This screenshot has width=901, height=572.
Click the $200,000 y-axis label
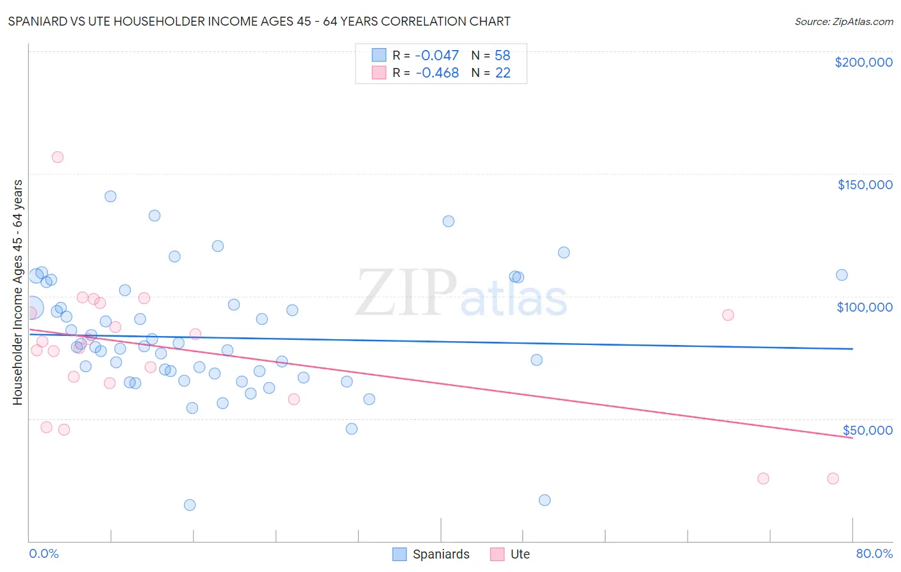coord(863,62)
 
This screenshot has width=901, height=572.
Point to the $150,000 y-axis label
coord(864,185)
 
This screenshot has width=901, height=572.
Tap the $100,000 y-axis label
coord(864,307)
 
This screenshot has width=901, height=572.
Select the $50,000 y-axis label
coord(867,430)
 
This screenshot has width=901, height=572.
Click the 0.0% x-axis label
coord(44,553)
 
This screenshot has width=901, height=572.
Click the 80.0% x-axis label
coord(874,553)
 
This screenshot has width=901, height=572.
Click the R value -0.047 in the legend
coord(437,56)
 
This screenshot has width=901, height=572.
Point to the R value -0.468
coord(437,73)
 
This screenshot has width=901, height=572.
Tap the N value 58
coord(502,56)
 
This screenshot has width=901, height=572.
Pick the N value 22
coord(502,73)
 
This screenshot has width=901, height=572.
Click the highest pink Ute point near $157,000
coord(58,157)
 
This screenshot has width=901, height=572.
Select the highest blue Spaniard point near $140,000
coord(110,196)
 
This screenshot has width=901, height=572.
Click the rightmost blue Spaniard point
coord(841,275)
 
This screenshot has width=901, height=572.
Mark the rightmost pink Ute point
coord(832,478)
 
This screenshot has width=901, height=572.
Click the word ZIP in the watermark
coord(406,293)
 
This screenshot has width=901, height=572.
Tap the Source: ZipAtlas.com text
coord(843,22)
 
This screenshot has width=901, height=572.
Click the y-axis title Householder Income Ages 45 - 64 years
coord(18,292)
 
